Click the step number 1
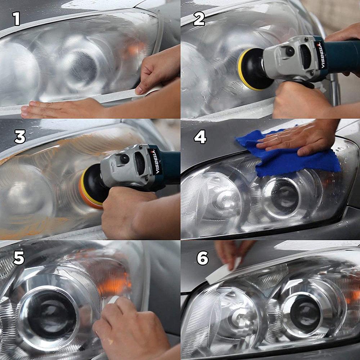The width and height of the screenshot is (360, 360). [x=16, y=19]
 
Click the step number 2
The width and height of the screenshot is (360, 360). [x=199, y=19]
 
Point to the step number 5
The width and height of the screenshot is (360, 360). [x=19, y=258]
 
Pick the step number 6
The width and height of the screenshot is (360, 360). [x=202, y=258]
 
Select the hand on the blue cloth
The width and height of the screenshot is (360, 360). [x=292, y=139]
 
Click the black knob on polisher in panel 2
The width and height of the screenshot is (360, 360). [x=290, y=51]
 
